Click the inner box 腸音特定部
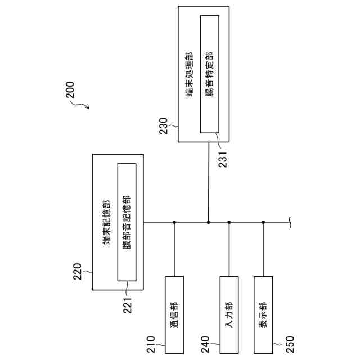210,74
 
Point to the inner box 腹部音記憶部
127,222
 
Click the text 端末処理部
190,74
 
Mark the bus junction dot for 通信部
174,222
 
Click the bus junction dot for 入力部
229,222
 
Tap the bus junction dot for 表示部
263,222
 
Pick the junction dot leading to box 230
209,222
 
